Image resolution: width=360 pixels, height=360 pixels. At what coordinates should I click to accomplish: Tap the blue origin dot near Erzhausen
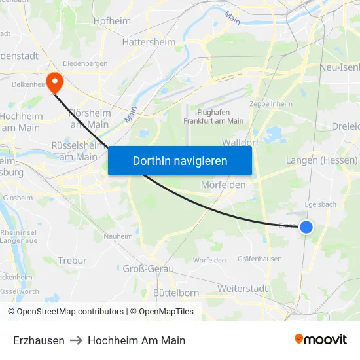[x=306, y=227]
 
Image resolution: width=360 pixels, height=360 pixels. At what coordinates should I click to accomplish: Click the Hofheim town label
[x=113, y=20]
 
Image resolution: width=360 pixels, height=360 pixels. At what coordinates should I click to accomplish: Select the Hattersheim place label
[x=149, y=42]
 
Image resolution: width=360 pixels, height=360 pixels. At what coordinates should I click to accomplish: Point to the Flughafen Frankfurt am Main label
[x=213, y=116]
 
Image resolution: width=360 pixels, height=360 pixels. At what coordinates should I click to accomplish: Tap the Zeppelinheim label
[x=271, y=103]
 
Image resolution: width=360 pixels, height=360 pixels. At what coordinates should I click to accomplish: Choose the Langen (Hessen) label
[x=321, y=160]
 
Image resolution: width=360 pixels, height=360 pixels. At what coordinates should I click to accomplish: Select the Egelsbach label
[x=320, y=204]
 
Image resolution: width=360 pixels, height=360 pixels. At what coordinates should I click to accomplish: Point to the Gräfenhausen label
[x=260, y=259]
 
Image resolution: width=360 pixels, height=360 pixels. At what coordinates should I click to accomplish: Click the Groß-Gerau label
[x=148, y=268]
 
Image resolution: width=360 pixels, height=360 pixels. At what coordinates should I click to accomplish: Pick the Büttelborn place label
[x=175, y=293]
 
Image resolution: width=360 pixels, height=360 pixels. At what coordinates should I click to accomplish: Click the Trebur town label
[x=72, y=261]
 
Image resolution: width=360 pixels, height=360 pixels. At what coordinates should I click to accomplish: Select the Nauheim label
[x=118, y=236]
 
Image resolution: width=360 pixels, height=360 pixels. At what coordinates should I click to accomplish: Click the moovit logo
[x=321, y=340]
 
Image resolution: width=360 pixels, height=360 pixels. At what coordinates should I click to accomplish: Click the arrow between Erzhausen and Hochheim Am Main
[x=76, y=340]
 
